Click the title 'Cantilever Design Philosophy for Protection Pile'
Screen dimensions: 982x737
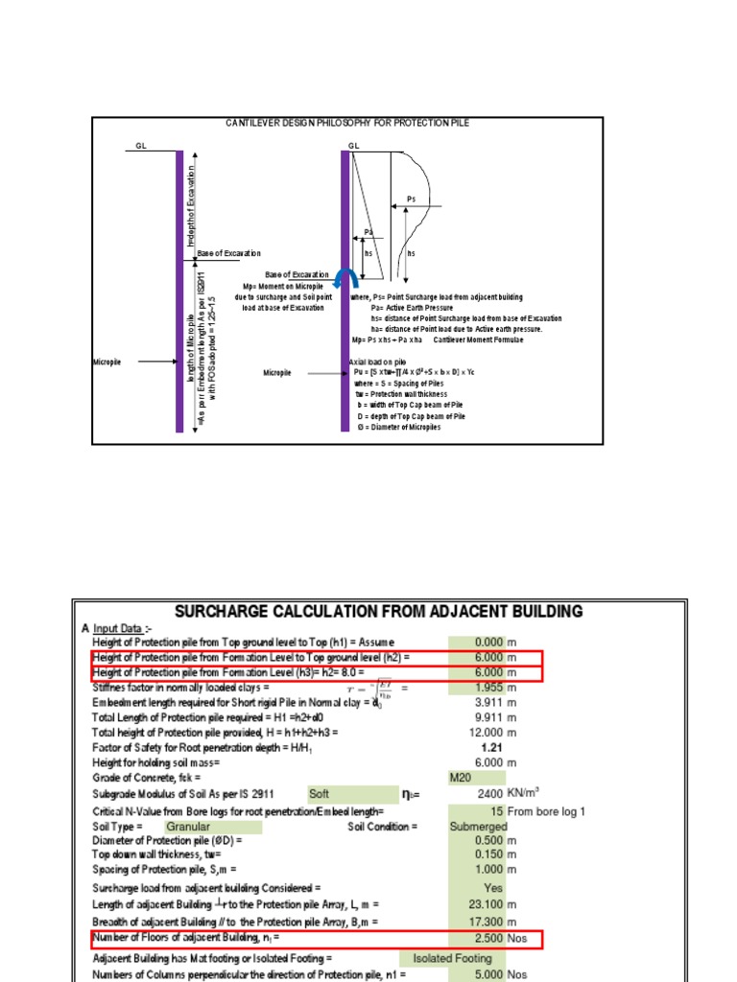[x=347, y=124]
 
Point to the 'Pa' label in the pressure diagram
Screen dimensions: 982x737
[x=368, y=231]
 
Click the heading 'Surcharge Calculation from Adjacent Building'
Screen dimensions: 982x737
[x=378, y=611]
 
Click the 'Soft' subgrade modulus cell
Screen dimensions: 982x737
[x=320, y=794]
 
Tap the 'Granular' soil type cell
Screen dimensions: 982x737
[x=188, y=826]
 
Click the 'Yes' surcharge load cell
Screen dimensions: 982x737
[x=493, y=888]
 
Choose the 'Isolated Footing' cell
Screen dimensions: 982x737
[x=452, y=958]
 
